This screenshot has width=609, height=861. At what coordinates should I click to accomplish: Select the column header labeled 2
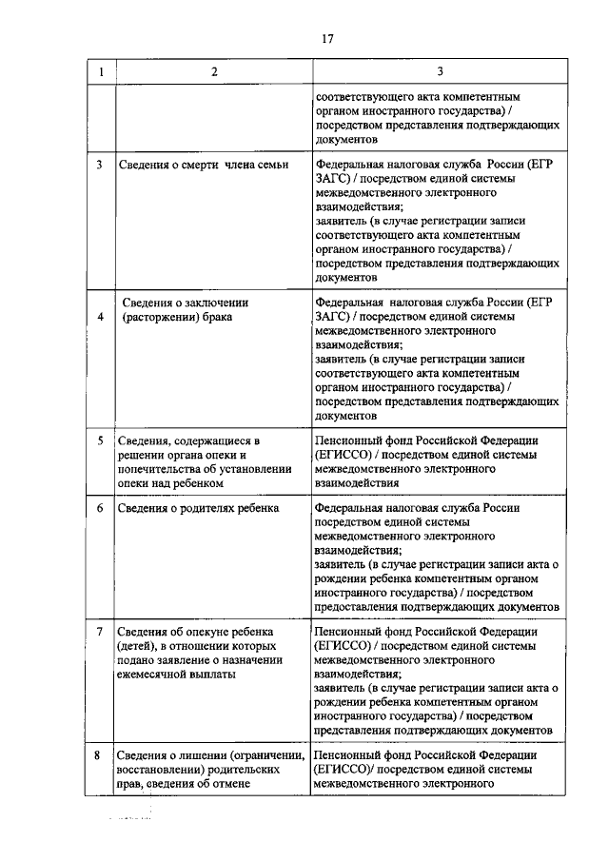click(213, 72)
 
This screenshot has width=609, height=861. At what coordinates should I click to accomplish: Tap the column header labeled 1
click(101, 72)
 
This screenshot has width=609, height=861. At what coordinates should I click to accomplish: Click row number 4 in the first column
click(101, 316)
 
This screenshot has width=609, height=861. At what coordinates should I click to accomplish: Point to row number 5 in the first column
click(101, 440)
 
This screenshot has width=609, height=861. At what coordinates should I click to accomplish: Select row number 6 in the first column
click(101, 508)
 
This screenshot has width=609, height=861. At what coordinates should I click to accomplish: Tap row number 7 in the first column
click(101, 632)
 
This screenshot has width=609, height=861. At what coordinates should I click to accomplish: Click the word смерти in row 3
click(199, 164)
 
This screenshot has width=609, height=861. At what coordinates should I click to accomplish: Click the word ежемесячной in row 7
click(156, 675)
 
